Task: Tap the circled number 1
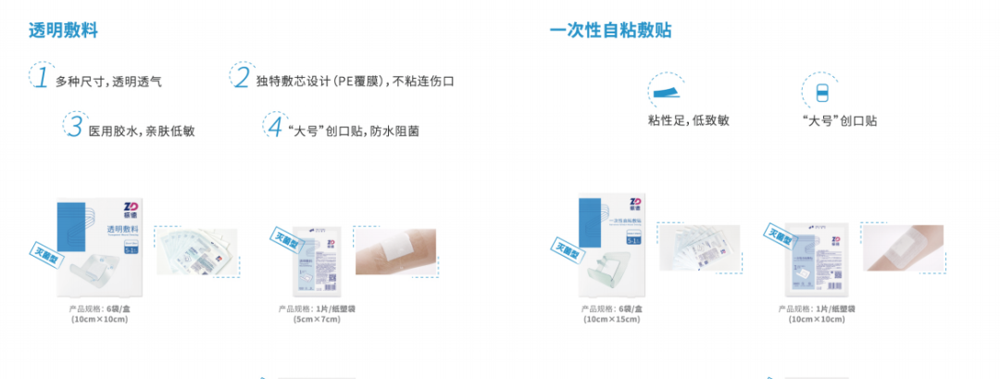click(41, 78)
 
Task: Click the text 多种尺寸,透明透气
click(108, 82)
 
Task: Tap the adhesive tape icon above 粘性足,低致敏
click(669, 90)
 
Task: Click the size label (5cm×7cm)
click(318, 320)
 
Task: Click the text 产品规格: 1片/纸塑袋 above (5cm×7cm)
click(318, 308)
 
